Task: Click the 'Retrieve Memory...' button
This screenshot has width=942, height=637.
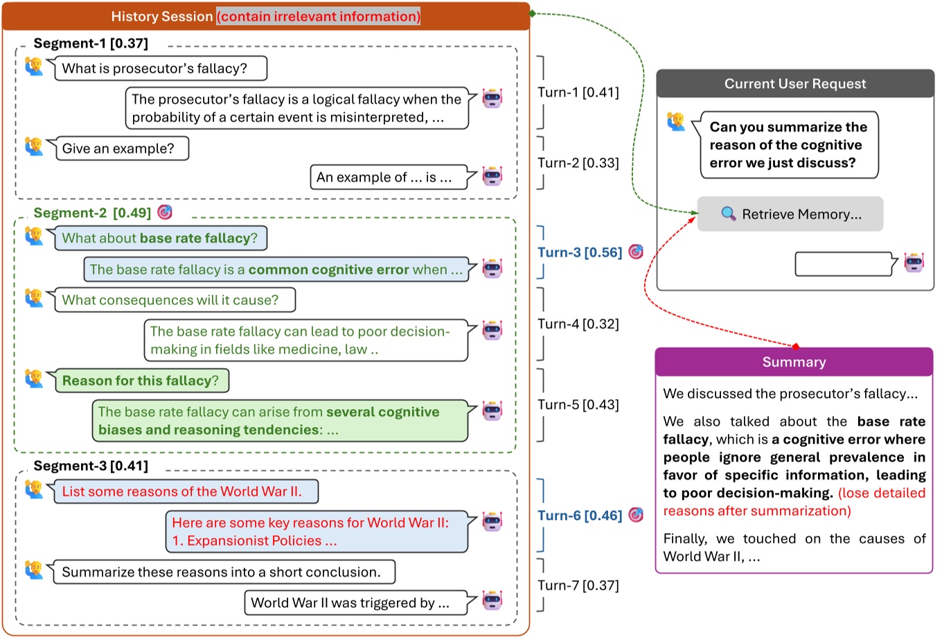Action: pos(790,214)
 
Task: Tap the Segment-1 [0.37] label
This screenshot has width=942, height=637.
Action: pos(91,44)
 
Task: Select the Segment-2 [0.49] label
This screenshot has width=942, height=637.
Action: pos(92,213)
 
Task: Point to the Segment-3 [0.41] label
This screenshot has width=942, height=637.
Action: pos(91,466)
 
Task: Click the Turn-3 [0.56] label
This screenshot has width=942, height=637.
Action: pos(580,252)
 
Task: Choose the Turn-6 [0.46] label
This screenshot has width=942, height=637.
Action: pos(580,516)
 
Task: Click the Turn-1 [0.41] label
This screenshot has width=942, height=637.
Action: pos(578,92)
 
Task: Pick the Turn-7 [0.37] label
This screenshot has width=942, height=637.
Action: pos(578,585)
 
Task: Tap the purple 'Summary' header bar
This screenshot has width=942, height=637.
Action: pos(794,362)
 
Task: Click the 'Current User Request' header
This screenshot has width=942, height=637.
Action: pos(795,84)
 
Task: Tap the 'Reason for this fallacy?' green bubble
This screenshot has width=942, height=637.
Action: pos(141,381)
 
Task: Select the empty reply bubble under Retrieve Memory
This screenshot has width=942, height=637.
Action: pos(842,264)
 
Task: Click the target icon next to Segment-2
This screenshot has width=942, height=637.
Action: pos(165,212)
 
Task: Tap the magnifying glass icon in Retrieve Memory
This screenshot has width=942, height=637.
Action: pos(729,214)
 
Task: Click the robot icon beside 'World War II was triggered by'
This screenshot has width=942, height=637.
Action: pos(492,600)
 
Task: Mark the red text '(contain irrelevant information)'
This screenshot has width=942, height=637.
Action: pos(318,17)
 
